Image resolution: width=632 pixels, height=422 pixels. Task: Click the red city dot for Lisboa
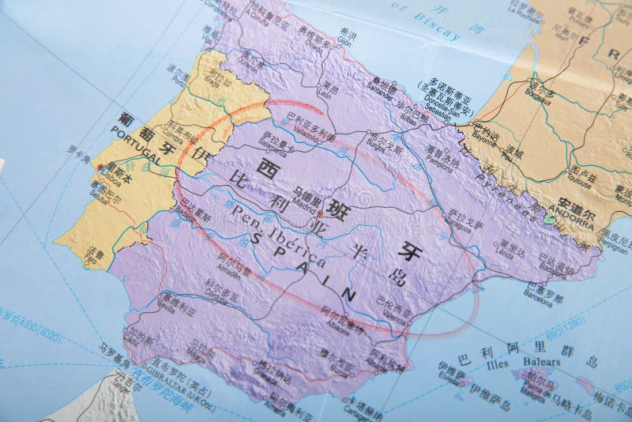coord(100,167)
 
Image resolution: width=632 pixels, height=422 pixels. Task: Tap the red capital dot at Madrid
coord(320,213)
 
